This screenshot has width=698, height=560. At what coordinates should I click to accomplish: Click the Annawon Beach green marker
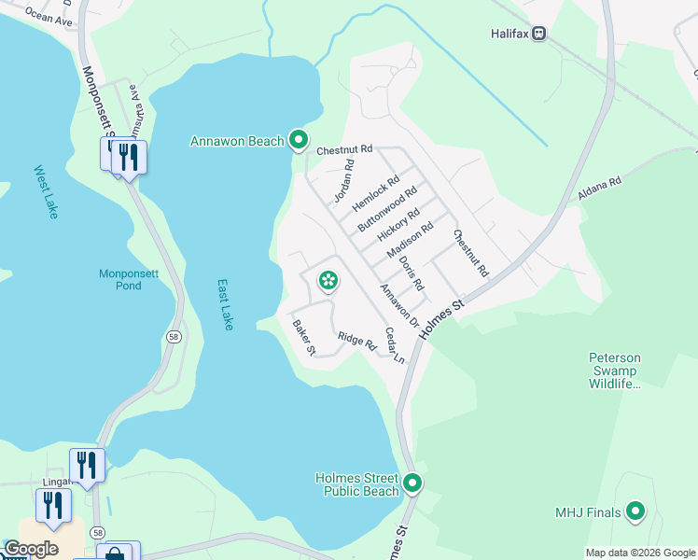tap(299, 140)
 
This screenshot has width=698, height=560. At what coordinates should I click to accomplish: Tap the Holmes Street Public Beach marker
tap(412, 483)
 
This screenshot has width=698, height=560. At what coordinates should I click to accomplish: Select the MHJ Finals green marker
tap(635, 511)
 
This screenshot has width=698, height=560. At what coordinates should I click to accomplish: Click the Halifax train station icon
tap(539, 34)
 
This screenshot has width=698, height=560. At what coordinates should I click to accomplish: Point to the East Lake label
tap(225, 304)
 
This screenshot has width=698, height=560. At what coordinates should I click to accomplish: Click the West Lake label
tap(47, 191)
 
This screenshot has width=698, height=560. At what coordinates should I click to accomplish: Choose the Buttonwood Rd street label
tap(387, 210)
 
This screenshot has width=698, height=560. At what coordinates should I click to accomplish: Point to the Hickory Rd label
tap(398, 225)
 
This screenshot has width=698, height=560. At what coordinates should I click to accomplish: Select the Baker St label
tap(304, 338)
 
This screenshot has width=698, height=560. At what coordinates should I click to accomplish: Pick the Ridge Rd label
tap(356, 342)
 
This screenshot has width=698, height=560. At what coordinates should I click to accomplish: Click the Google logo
tap(31, 549)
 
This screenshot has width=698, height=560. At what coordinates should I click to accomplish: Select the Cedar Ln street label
tap(395, 345)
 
